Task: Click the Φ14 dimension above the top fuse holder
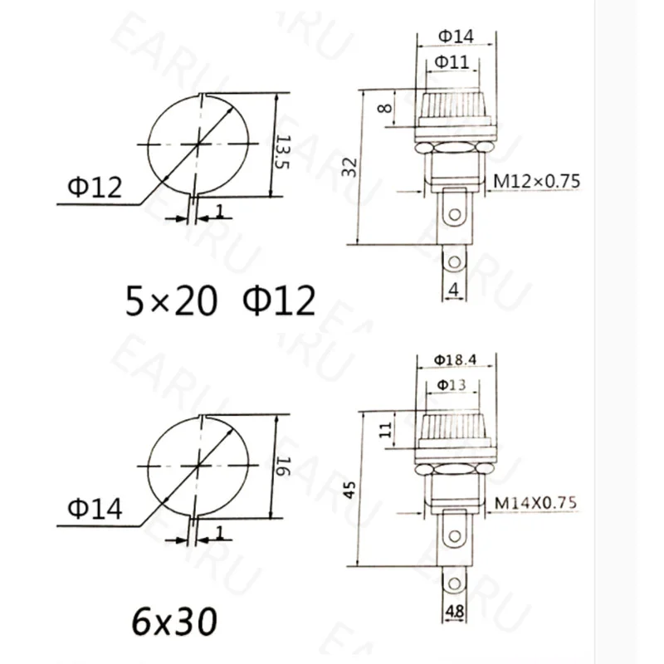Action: (456, 36)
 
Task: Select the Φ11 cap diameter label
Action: (452, 62)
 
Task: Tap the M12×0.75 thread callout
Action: (536, 181)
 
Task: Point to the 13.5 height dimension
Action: (282, 152)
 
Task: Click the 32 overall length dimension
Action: (349, 168)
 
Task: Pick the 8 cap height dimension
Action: (384, 108)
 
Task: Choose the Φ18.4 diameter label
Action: (455, 360)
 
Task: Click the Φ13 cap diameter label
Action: (452, 385)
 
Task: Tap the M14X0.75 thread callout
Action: (535, 503)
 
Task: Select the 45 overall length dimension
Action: (349, 489)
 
